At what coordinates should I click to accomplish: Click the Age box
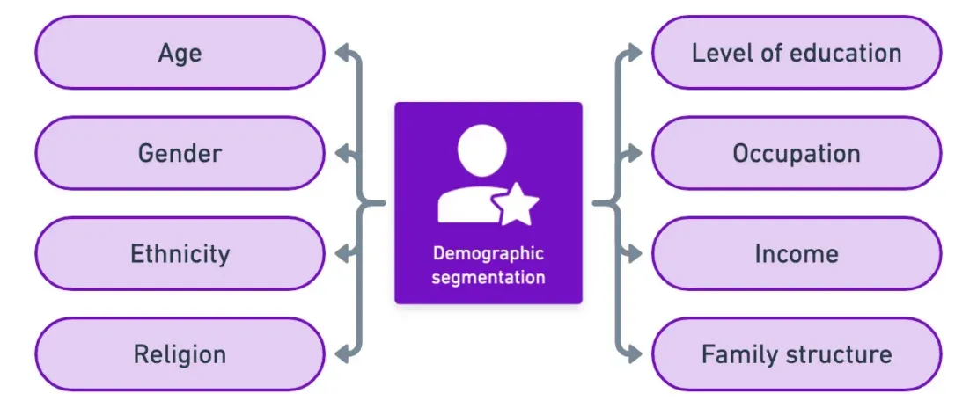(x=180, y=53)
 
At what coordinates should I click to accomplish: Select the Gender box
(x=180, y=154)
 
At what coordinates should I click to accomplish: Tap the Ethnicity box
(x=180, y=254)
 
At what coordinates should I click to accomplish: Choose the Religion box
(x=180, y=354)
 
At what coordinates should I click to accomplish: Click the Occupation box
(x=796, y=154)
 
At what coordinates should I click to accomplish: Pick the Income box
(x=796, y=254)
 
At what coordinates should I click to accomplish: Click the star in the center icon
(x=518, y=206)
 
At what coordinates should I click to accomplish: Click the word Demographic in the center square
(x=488, y=254)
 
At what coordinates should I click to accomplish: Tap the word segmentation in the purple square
(x=488, y=277)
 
